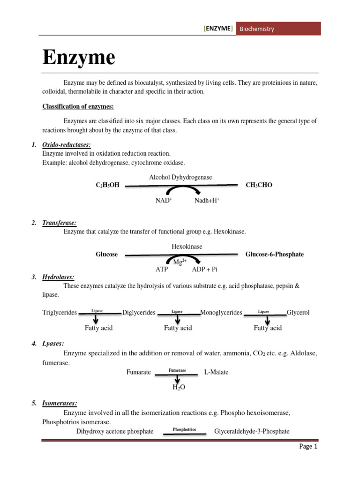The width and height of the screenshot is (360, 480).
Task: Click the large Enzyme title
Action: [x=79, y=58]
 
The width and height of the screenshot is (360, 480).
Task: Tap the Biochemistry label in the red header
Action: [x=257, y=29]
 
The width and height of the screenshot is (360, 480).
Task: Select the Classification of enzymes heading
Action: [x=78, y=106]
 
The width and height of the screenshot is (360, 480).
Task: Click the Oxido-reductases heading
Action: [x=66, y=145]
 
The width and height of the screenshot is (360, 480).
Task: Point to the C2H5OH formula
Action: [x=107, y=185]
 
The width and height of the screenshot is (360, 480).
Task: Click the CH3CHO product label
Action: [x=259, y=185]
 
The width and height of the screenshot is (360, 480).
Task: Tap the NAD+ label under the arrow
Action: [x=164, y=201]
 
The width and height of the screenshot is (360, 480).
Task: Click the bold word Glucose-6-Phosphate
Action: [x=274, y=254]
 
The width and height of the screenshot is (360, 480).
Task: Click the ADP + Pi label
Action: [x=205, y=270]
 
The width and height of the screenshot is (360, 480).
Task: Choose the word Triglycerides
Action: [x=60, y=313]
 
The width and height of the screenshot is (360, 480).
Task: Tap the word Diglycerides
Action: [x=139, y=313]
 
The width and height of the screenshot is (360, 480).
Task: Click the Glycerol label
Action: [x=298, y=313]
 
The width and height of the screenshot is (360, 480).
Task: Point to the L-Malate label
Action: [x=216, y=372]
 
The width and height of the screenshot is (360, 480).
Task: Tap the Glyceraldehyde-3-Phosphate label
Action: [x=252, y=431]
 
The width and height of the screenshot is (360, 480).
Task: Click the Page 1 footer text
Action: [x=308, y=447]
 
